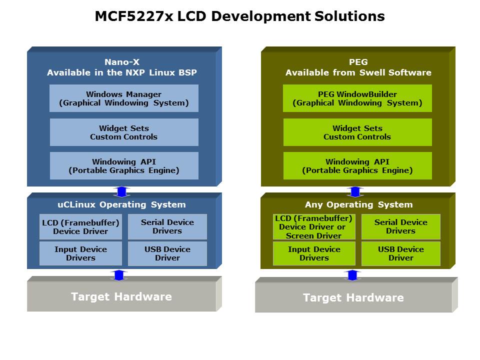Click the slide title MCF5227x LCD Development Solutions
pyautogui.click(x=239, y=16)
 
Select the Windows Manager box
pyautogui.click(x=124, y=98)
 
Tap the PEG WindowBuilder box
pyautogui.click(x=357, y=98)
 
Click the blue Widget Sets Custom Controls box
pyautogui.click(x=124, y=132)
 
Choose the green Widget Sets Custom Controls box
pyautogui.click(x=357, y=132)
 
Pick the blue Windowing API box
pyautogui.click(x=124, y=166)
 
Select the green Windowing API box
pyautogui.click(x=357, y=166)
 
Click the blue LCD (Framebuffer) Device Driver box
pyautogui.click(x=80, y=227)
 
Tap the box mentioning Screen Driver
pyautogui.click(x=313, y=227)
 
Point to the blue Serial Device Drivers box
pyautogui.click(x=167, y=227)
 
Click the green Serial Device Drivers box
pyautogui.click(x=400, y=227)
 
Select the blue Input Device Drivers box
pyautogui.click(x=80, y=253)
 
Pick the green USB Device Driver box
pyautogui.click(x=400, y=253)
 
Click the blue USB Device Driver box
pyautogui.click(x=167, y=253)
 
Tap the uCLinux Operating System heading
pyautogui.click(x=121, y=204)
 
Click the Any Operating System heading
pyautogui.click(x=358, y=204)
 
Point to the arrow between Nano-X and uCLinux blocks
pyautogui.click(x=121, y=191)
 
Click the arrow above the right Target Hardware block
pyautogui.click(x=353, y=275)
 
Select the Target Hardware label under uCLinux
pyautogui.click(x=121, y=296)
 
